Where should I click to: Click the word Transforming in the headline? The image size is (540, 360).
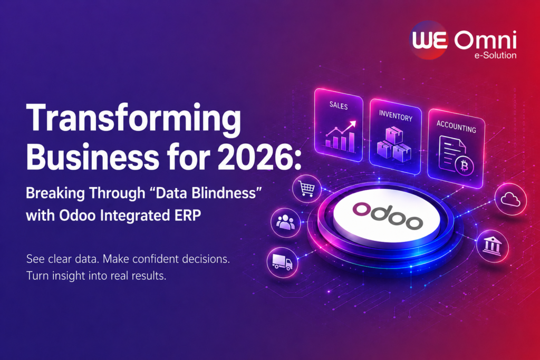coord(133,119)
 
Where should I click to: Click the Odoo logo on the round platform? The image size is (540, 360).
coord(388,216)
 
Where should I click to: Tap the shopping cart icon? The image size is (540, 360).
coord(306,189)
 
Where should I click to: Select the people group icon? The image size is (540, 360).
coord(285,222)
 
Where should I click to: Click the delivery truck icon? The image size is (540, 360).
coord(282,262)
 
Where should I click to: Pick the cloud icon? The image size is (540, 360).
coord(510,199)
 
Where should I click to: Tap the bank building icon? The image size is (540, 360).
coord(492,246)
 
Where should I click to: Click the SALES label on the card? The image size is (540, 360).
coord(339,105)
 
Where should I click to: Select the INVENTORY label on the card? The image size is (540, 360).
coord(396,115)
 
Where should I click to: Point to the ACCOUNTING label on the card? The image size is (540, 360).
coord(456,127)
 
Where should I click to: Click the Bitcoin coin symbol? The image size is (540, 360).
coord(464,167)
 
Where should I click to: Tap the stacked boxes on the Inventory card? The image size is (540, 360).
coord(394,144)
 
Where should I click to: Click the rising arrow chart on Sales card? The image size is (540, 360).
coord(341,135)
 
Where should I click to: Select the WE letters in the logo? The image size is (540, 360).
coord(430,40)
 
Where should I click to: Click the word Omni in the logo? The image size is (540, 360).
coord(485,40)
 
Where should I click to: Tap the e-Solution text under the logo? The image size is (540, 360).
coord(495,55)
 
